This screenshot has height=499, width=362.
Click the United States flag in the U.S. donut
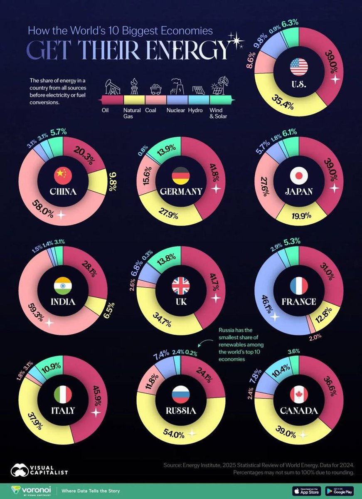tap(298, 67)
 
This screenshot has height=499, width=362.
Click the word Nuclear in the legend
tap(175, 111)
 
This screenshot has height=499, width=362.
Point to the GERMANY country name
tap(180, 192)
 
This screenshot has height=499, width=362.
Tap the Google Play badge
tap(340, 490)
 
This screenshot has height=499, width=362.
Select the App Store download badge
tap(307, 490)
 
